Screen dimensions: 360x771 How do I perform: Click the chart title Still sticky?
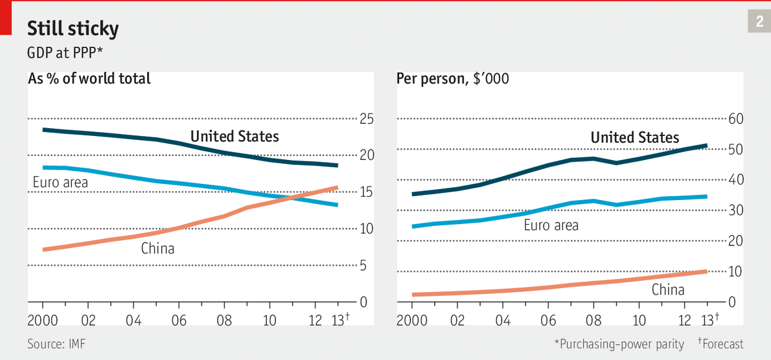pos(73,28)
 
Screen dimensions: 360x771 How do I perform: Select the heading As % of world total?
pos(89,79)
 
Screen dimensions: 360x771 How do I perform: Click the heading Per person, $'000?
pos(452,79)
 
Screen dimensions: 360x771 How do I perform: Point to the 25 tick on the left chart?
pos(367,119)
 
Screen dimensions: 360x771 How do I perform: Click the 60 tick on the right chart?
pos(736,119)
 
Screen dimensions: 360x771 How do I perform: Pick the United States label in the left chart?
pos(235,137)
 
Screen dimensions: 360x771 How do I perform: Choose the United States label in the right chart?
pos(635,137)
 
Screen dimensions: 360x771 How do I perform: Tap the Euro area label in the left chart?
pos(60,183)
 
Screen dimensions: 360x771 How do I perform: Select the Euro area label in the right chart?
pos(551,225)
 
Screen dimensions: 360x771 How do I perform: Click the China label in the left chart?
pos(157,248)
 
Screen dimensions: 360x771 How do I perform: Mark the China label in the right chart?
pos(668,289)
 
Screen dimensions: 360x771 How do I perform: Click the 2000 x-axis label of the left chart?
pos(42,320)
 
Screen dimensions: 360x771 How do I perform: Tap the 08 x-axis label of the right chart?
pos(593,320)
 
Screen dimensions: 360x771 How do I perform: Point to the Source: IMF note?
pos(56,344)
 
